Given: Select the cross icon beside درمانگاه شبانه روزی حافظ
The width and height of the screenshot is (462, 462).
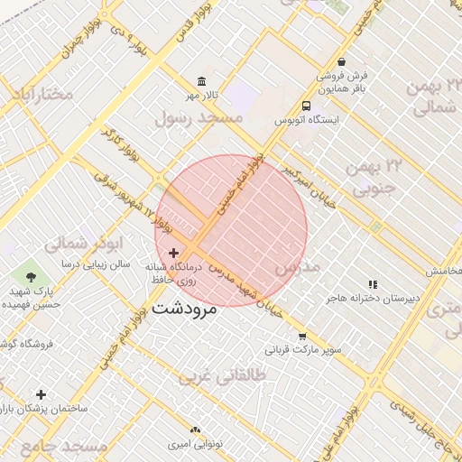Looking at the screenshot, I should point(173,254).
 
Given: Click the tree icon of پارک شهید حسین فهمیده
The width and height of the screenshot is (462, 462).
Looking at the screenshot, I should point(32,277).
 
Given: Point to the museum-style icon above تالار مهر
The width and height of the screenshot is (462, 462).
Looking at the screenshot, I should point(199,81).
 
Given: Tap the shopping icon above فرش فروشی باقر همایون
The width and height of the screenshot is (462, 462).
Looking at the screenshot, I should point(341,62).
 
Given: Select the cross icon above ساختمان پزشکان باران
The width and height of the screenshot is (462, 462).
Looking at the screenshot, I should point(41,394).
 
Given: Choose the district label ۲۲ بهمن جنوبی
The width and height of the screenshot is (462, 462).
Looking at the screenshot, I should point(380,177).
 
